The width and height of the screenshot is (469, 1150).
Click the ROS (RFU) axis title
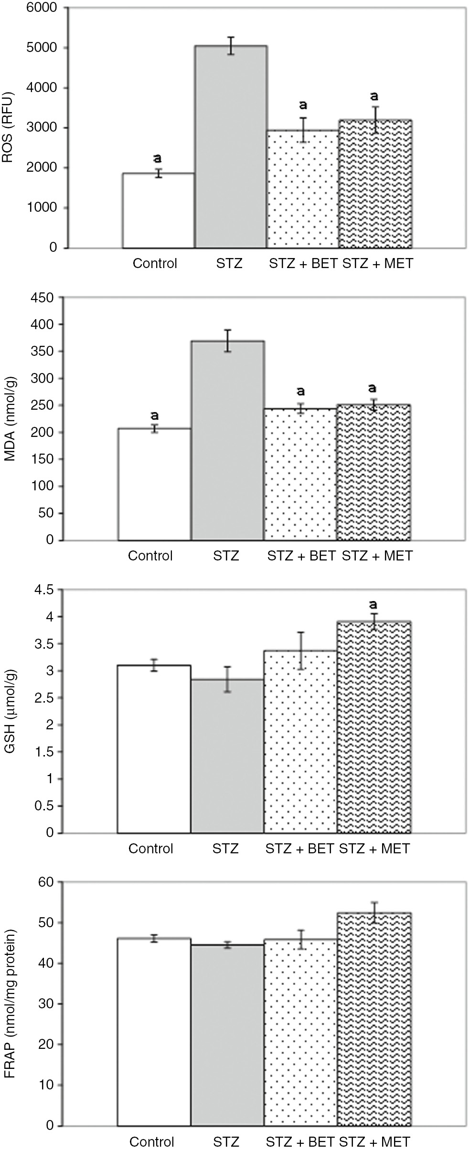tap(9, 128)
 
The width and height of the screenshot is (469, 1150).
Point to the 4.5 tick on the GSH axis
tap(45, 590)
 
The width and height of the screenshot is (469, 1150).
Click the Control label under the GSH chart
tap(150, 849)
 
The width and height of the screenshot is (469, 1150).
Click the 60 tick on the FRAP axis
tap(46, 882)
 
